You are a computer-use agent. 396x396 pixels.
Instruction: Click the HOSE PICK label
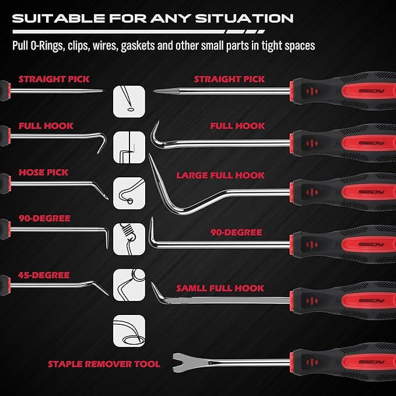tap(43, 173)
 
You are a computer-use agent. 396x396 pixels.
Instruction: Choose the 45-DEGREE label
tap(44, 275)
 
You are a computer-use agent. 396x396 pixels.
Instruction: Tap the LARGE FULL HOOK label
tap(220, 175)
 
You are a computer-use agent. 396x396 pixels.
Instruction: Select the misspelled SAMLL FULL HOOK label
tap(220, 288)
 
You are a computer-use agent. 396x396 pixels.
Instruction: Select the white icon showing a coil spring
tap(128, 234)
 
